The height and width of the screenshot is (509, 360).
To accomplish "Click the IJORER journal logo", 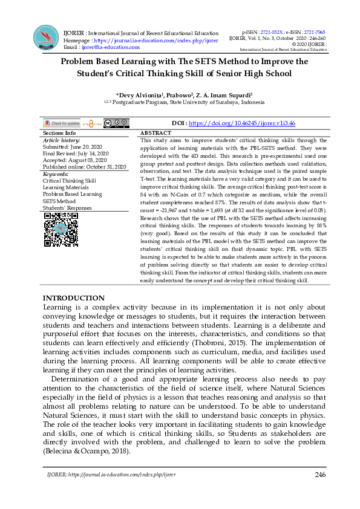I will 47,37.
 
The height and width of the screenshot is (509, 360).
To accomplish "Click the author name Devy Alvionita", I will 144,96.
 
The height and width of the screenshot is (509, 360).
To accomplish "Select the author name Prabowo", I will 178,96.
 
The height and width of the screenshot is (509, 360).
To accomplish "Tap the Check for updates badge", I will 61,123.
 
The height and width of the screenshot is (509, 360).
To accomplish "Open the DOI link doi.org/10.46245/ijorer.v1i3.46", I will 241,123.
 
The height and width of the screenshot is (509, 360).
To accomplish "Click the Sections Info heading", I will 59,133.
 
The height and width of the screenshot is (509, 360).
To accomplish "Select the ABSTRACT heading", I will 155,133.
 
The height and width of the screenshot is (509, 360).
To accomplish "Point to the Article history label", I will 61,140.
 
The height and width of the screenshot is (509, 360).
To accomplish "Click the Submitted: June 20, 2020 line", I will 73,147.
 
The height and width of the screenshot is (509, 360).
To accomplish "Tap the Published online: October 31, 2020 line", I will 84,167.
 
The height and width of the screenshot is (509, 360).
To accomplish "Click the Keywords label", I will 56,174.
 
